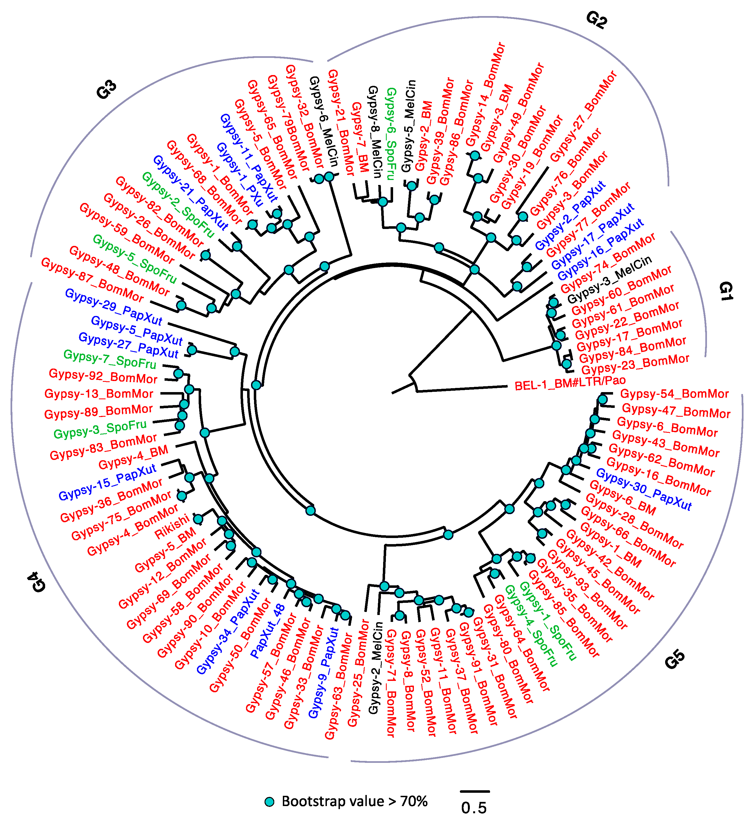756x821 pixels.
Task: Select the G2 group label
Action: (596, 20)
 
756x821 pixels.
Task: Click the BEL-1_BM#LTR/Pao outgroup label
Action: (570, 383)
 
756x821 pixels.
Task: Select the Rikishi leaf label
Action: (172, 527)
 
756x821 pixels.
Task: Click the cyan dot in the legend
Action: (269, 801)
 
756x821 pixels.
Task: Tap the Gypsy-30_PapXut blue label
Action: (644, 489)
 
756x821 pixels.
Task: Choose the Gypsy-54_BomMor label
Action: (674, 394)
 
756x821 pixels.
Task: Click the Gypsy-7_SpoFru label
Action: (110, 359)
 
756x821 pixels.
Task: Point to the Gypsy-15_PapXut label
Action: (107, 482)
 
